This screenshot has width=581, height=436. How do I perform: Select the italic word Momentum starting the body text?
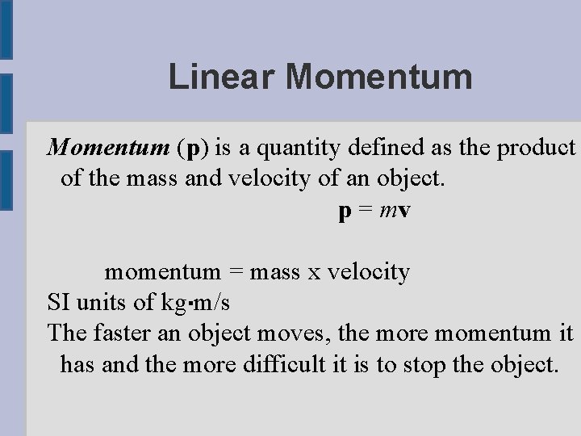coord(107,149)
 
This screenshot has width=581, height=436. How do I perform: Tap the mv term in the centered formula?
coord(397,211)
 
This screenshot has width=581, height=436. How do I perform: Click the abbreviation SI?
coord(58,302)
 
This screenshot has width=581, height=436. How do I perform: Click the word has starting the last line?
coord(77,363)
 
